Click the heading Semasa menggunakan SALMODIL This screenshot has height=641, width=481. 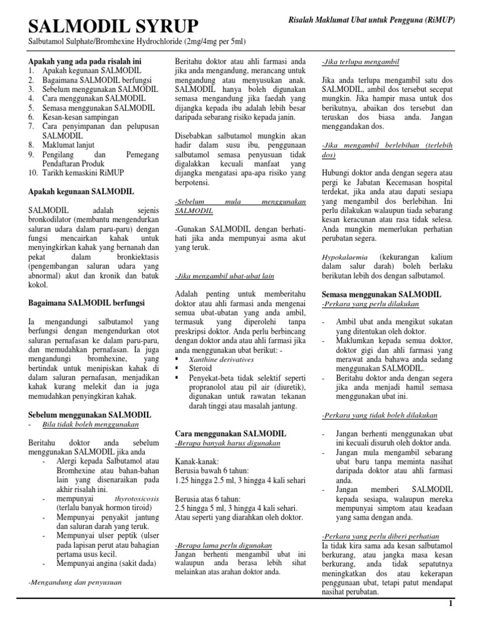381,294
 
